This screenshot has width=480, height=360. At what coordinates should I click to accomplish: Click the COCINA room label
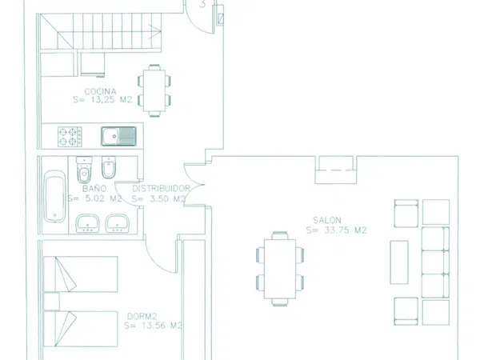(101, 91)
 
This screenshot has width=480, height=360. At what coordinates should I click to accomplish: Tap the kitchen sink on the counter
(118, 136)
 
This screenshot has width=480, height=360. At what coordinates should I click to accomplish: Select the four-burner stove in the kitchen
(70, 137)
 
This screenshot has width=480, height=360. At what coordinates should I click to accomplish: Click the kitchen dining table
(154, 90)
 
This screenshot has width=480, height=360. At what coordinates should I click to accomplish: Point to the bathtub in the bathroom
(54, 196)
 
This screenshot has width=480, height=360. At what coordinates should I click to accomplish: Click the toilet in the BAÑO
(84, 170)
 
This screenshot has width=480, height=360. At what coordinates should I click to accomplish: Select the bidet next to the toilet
(108, 167)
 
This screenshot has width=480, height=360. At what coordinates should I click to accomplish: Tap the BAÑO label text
(94, 188)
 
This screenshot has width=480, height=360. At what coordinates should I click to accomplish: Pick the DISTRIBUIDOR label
(161, 188)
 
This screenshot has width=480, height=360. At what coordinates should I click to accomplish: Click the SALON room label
(327, 220)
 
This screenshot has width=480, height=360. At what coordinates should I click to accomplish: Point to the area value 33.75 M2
(345, 230)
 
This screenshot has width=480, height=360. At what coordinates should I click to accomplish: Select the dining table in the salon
(280, 269)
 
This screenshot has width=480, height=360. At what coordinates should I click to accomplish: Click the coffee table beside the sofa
(399, 262)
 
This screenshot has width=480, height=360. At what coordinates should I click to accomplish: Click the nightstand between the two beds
(51, 302)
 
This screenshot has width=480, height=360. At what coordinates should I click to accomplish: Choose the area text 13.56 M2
(162, 326)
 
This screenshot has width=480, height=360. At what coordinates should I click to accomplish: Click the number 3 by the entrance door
(202, 4)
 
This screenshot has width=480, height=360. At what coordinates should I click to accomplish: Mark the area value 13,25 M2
(112, 100)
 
